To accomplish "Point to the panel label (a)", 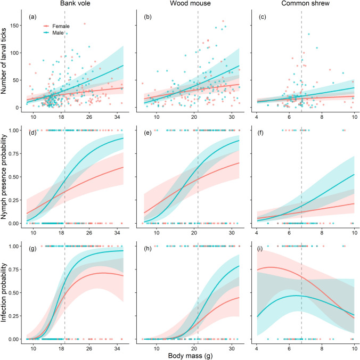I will click(33, 17).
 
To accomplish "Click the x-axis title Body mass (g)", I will click(190, 355).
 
